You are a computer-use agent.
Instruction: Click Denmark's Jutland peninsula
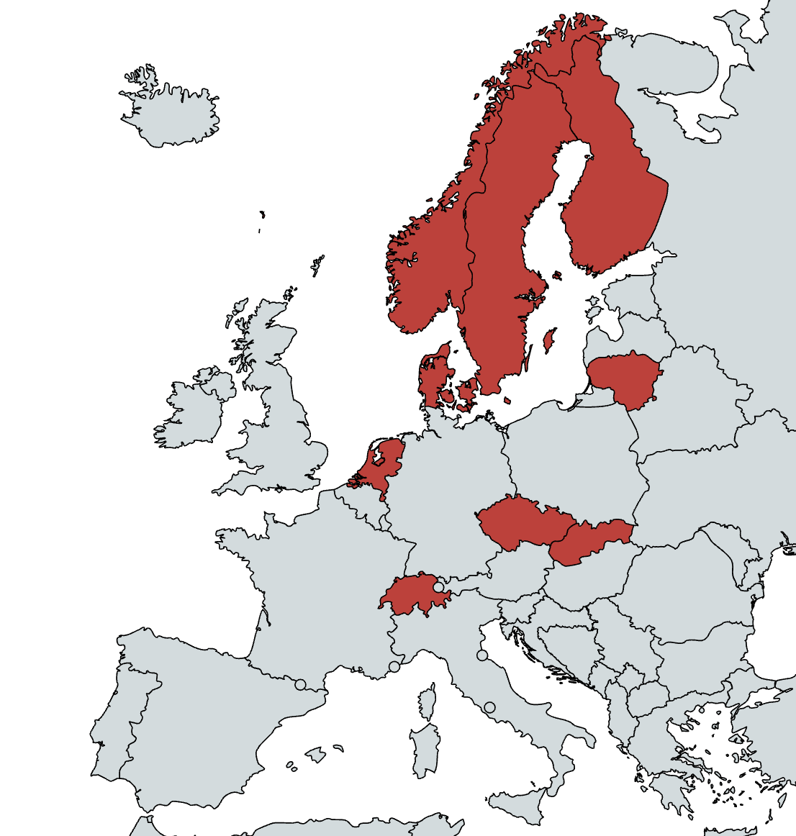point(432,378)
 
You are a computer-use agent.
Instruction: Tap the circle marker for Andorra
point(301,684)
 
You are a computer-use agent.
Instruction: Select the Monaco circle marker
point(394,667)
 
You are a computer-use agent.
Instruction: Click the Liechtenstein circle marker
point(438,588)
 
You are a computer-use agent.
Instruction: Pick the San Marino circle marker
point(482,655)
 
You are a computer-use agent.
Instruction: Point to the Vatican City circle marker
point(490,707)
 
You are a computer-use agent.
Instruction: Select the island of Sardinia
point(425,752)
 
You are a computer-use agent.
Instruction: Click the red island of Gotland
point(549,340)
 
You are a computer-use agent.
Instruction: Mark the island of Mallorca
point(316,755)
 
